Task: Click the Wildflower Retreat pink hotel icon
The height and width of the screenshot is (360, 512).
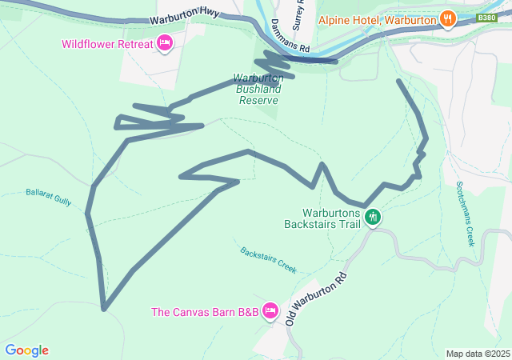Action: [165, 43]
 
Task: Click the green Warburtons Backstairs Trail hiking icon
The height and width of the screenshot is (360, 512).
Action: [372, 217]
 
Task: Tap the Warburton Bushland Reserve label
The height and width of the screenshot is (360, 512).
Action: [257, 90]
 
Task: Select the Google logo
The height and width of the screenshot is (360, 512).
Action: [26, 350]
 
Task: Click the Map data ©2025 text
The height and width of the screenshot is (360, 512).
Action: [477, 354]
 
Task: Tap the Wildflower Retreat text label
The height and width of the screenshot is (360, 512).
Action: [106, 43]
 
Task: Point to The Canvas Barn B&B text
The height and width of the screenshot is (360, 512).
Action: [205, 312]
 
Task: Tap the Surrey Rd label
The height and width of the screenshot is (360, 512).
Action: [298, 14]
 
